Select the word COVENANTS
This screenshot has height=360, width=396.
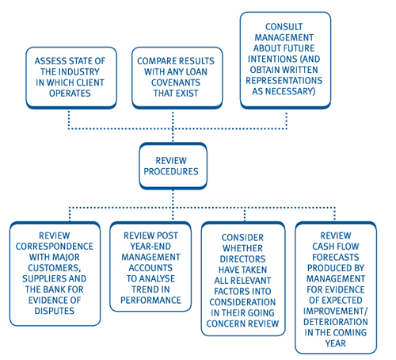point(176,82)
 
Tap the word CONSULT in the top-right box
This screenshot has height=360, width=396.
point(284,27)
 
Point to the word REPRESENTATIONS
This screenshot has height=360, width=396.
point(284,80)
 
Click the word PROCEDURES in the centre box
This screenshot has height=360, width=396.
point(171,171)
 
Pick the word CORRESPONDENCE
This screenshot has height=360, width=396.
point(55,247)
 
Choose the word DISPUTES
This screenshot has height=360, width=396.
point(55,311)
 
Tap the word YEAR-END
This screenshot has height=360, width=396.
point(150,247)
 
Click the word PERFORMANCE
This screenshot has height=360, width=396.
point(150,300)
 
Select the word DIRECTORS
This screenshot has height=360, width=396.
point(242,259)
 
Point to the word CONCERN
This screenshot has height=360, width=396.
point(223,324)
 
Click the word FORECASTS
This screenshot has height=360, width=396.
point(336,257)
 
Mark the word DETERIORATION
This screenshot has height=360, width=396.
point(336,322)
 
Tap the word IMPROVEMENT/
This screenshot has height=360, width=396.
point(336,311)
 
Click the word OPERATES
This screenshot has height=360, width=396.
point(70,94)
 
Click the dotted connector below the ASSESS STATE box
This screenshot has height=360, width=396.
point(69,120)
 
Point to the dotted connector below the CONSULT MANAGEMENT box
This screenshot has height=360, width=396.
point(287,121)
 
